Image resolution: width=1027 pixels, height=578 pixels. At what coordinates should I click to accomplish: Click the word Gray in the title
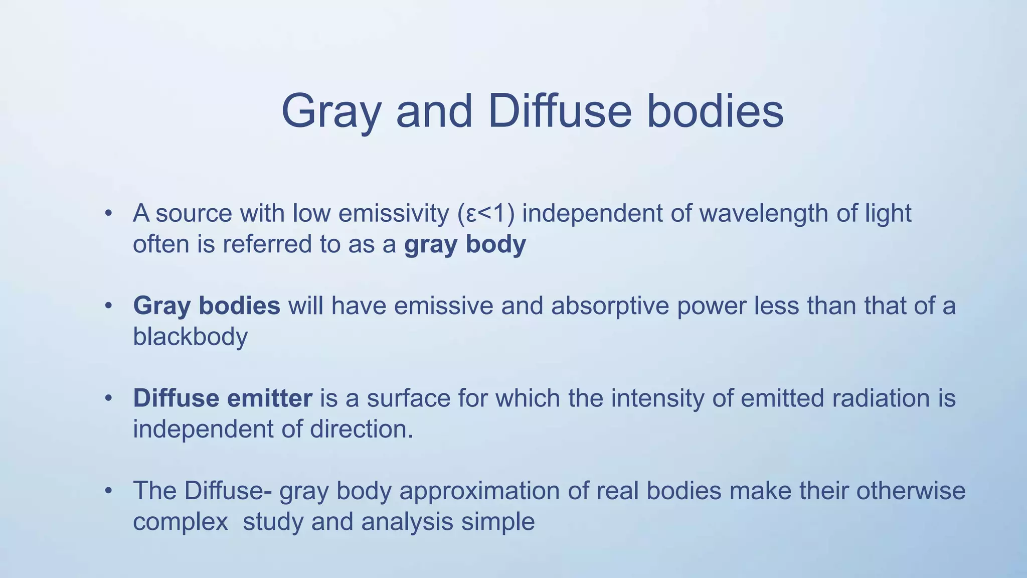(331, 111)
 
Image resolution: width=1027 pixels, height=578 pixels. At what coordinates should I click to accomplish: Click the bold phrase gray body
(465, 244)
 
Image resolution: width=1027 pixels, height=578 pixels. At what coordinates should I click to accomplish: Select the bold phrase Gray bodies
(206, 306)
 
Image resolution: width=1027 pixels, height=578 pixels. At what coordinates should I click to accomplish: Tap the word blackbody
(190, 336)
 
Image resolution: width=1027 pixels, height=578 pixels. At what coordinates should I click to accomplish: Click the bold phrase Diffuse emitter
(222, 398)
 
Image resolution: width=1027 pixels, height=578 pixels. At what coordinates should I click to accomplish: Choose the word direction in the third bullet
(361, 429)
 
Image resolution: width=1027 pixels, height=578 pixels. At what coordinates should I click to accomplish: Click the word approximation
(479, 491)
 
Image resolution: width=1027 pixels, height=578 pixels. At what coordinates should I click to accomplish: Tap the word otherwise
(910, 491)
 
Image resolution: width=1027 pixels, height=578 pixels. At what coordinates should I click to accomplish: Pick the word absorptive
(610, 306)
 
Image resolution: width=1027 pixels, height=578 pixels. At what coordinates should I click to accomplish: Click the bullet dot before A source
(108, 214)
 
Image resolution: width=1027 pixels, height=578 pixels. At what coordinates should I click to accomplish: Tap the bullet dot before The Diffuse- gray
(108, 491)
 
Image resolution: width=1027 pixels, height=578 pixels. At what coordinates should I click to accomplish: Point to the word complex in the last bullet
(181, 522)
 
